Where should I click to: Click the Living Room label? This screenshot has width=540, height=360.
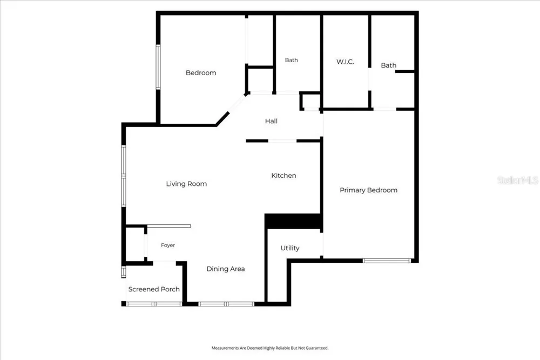coord(186,184)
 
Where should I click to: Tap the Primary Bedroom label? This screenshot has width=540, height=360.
coord(368,190)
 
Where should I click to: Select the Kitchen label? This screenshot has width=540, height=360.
coord(283,176)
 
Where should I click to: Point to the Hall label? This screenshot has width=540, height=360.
coord(271,121)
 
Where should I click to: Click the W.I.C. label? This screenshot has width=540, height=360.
coord(345,62)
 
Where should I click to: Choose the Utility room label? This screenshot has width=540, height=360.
coord(289,248)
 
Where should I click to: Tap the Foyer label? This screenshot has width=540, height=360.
coord(168,245)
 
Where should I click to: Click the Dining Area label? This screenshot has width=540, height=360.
coord(226,269)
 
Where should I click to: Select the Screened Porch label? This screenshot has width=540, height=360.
coord(154,289)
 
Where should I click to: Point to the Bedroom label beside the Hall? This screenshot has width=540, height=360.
coord(201,73)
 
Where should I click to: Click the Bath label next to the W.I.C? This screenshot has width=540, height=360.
coord(388,65)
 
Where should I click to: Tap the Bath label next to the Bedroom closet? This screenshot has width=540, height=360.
coord(292,60)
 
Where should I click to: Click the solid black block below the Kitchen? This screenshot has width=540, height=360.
coord(293,221)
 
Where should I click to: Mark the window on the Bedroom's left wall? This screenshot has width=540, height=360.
coord(158,67)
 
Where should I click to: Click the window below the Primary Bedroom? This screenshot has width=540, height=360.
coord(387,261)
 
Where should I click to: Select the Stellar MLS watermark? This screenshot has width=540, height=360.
coord(518,180)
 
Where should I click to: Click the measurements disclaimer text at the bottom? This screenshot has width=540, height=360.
coord(270,348)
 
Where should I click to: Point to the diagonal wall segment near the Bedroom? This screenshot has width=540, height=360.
coord(222,118)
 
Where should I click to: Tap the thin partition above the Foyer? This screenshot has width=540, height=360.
coord(168,226)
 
